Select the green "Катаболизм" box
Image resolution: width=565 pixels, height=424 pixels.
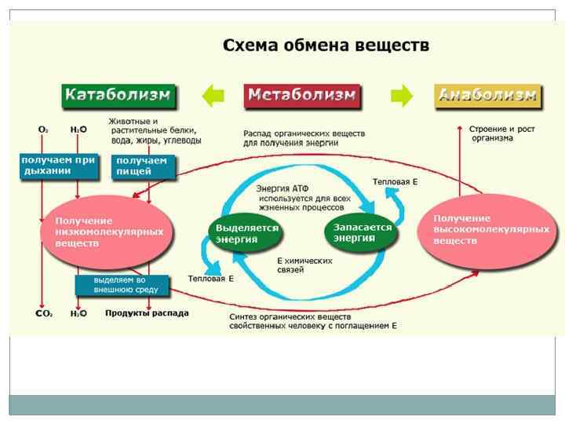point(118,96)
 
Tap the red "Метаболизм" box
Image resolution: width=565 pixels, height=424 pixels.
point(302,96)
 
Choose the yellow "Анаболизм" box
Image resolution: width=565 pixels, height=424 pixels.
point(487,96)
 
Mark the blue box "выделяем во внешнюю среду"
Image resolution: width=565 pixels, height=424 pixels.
point(122,283)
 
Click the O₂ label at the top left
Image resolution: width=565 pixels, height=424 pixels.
point(42,129)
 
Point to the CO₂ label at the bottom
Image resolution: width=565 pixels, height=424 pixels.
point(43,313)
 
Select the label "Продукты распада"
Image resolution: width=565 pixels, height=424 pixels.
point(147,313)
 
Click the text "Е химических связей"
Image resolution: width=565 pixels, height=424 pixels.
point(303,265)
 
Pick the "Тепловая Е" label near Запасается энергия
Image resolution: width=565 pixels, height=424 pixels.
point(395,181)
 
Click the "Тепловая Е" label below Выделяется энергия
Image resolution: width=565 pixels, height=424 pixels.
point(211,279)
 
